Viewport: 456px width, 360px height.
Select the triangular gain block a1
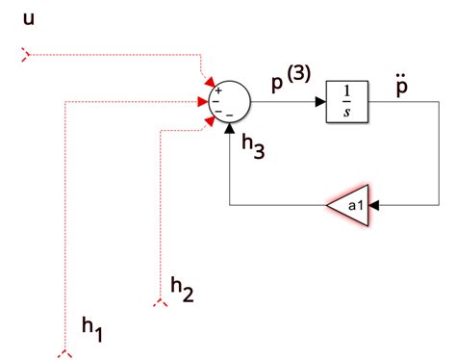pos(348,204)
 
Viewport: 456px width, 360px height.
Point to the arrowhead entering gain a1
pos(374,204)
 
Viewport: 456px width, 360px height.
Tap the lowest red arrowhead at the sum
pos(209,117)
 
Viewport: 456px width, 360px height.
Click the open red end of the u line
pos(26,54)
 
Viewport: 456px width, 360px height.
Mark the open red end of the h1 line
pos(64,353)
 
